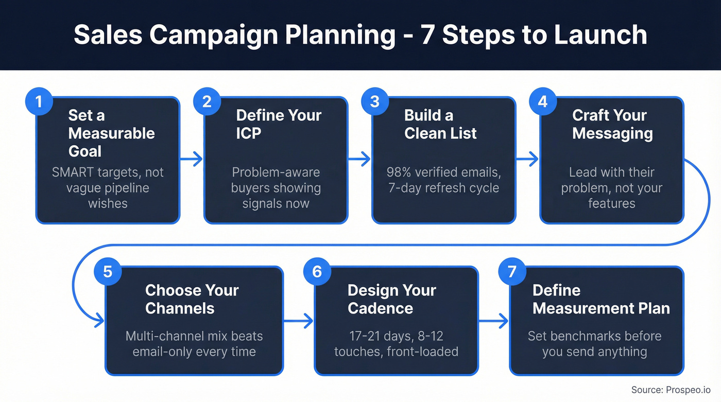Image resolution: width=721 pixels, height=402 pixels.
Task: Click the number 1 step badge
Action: pos(38,101)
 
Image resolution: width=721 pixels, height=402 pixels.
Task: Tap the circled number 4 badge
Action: pos(542,101)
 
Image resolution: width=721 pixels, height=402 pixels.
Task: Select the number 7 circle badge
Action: pos(512,271)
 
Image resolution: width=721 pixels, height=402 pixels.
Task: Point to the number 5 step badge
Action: pos(108,271)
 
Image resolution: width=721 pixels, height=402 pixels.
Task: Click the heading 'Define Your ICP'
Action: pos(279,124)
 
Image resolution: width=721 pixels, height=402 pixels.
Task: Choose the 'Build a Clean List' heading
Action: pos(440,124)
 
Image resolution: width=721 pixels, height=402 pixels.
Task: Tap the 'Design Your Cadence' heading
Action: pos(391,299)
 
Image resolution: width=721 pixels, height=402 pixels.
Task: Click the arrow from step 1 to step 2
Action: pos(192,160)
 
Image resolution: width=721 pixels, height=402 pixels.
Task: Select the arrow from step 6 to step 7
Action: pos(493,321)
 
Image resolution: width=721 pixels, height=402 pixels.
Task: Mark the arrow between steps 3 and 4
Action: pos(527,160)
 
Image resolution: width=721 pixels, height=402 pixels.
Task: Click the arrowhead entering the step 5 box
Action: pos(99,321)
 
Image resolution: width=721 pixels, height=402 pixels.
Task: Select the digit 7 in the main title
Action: pos(427,34)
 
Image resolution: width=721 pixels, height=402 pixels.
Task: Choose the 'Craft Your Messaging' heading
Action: pos(612,124)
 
